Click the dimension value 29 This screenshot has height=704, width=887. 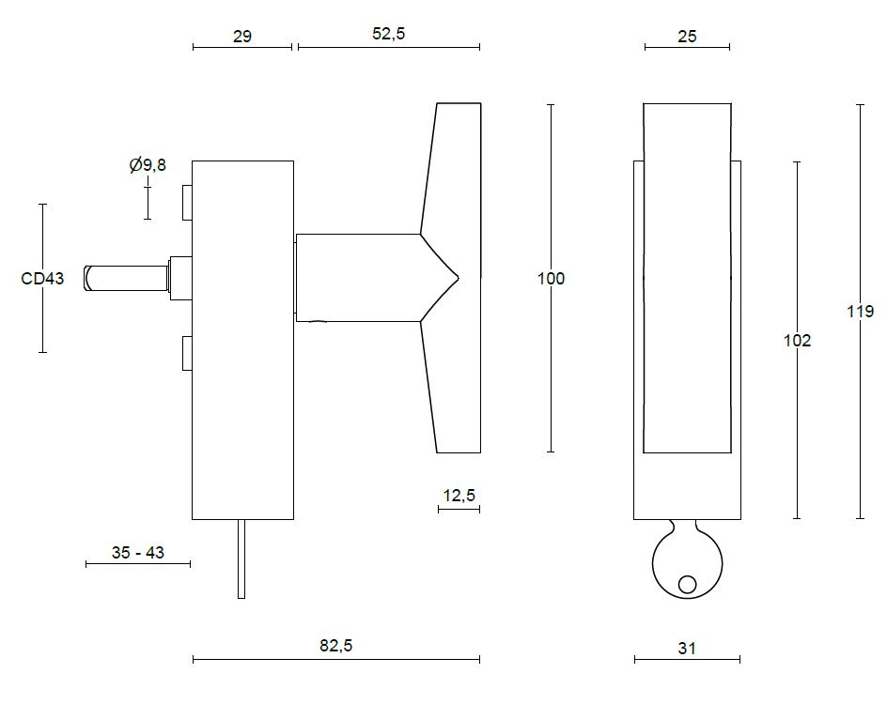(241, 37)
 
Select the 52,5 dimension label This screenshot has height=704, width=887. (388, 34)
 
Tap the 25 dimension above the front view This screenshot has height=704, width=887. (687, 37)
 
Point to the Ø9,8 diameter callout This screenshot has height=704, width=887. (148, 165)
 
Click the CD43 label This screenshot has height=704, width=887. (42, 279)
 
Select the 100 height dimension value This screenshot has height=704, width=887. (551, 279)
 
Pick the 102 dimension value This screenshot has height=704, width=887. (797, 341)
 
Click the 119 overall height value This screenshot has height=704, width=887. (860, 312)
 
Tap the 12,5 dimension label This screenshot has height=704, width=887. (459, 496)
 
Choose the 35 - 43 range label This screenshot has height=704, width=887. (137, 553)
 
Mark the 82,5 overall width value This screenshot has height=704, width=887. (335, 646)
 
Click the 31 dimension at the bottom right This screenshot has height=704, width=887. (687, 648)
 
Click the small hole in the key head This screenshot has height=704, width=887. (687, 585)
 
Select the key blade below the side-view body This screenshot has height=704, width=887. (241, 559)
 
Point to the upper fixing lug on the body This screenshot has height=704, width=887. (187, 202)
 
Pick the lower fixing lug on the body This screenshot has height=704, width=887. (187, 353)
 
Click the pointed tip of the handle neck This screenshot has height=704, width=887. (457, 278)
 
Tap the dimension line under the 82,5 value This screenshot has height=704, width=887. (335, 660)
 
